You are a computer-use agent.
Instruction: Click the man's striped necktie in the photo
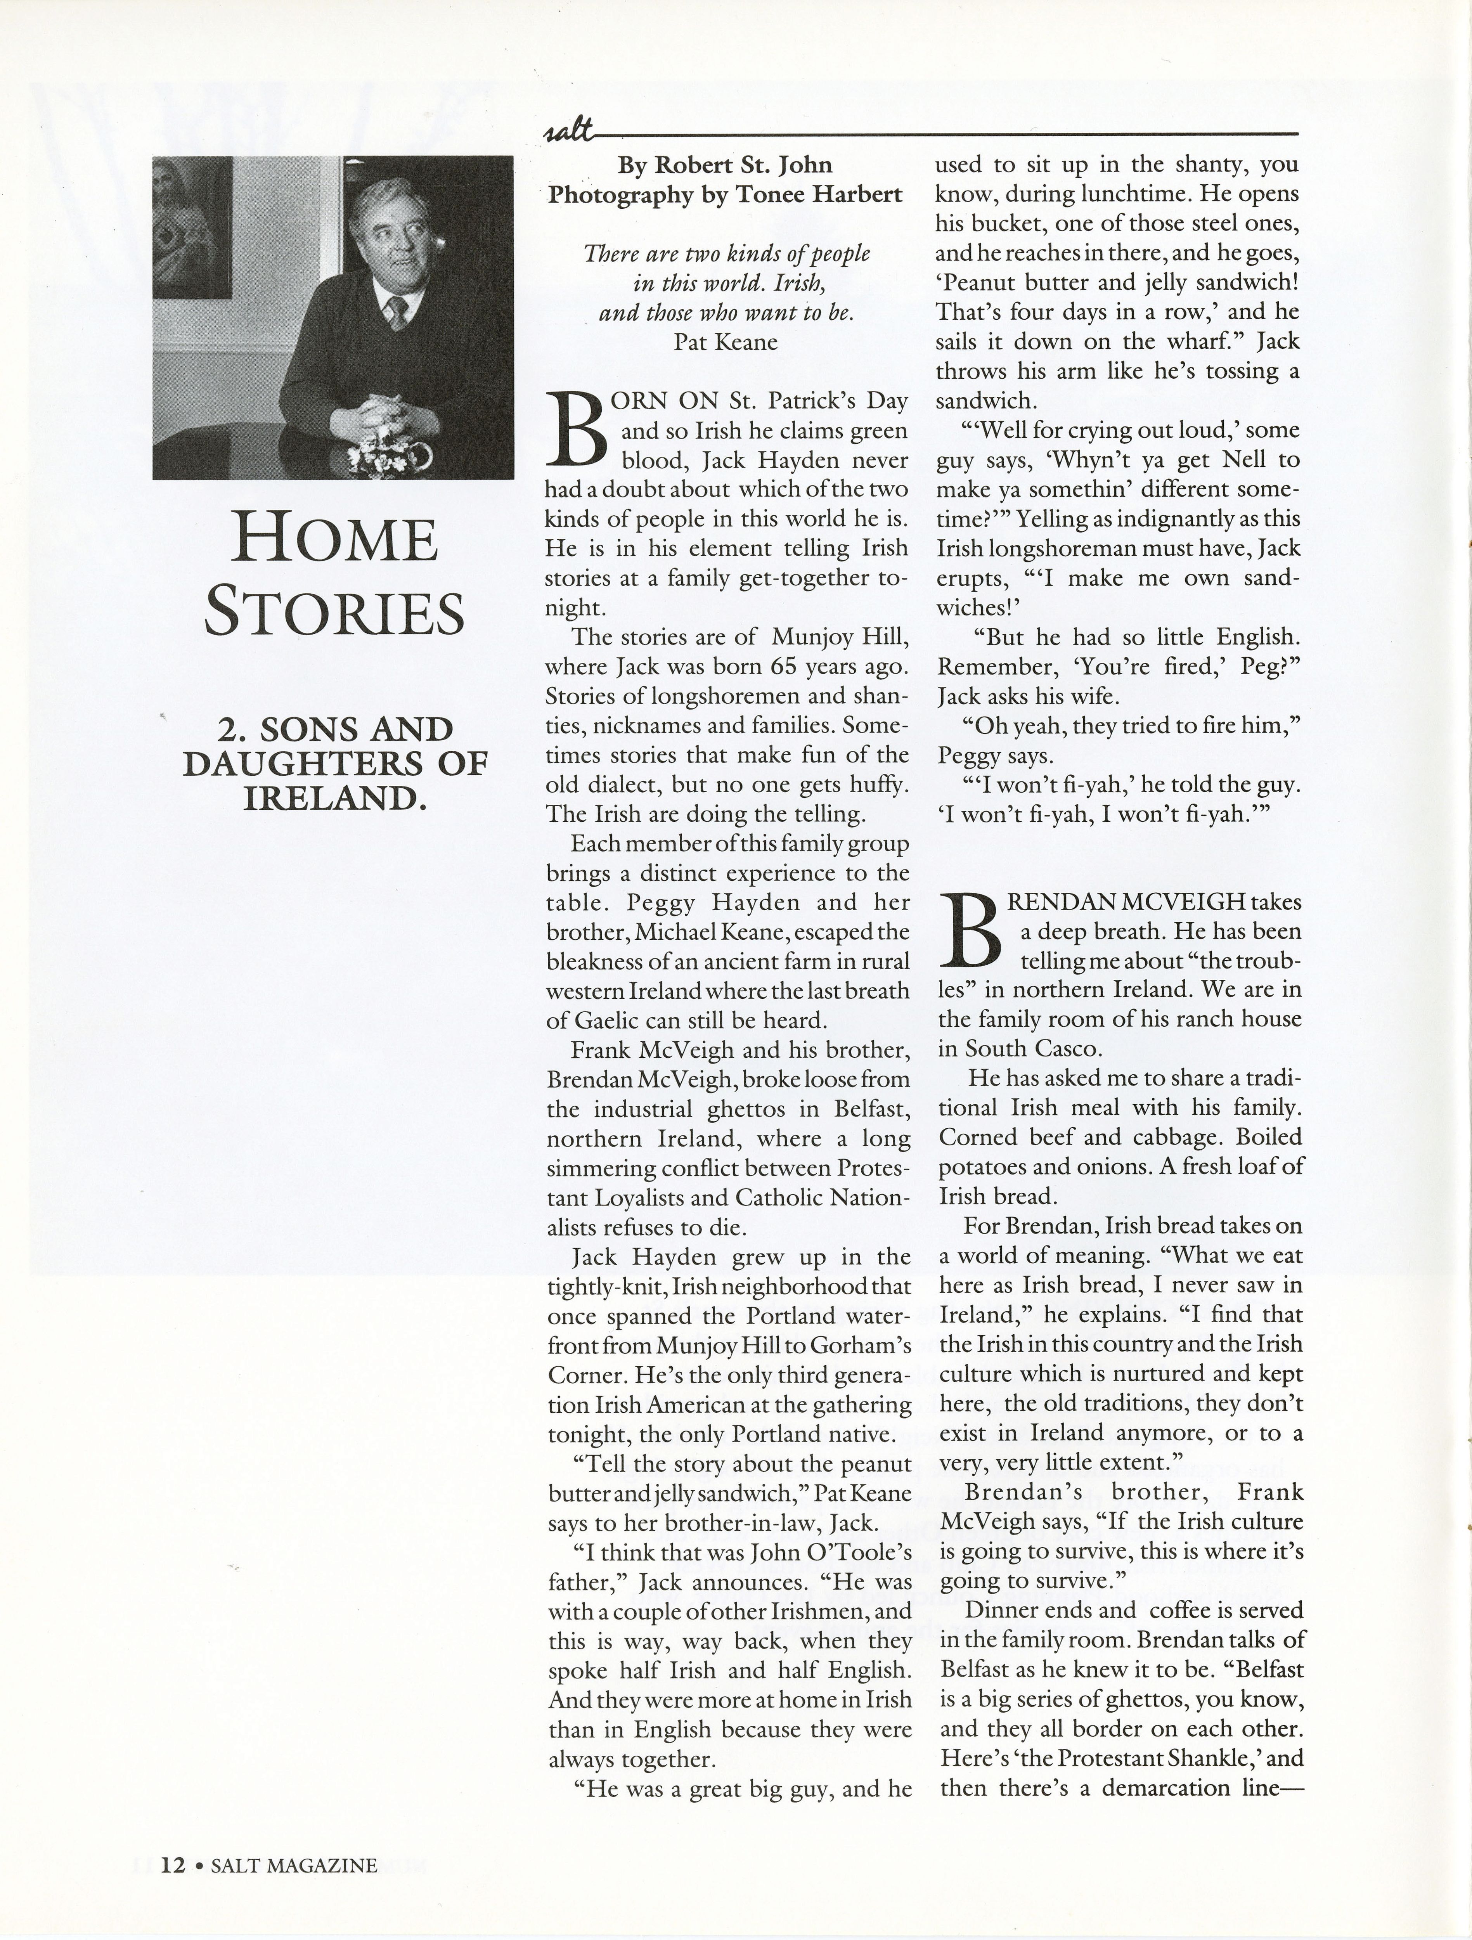397,311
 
